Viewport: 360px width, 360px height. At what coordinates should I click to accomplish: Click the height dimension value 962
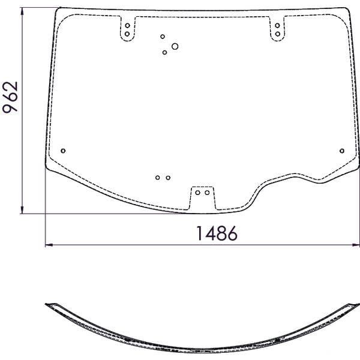pos(10,97)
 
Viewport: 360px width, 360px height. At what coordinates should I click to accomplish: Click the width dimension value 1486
pos(217,233)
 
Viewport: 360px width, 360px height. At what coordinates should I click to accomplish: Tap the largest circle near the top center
pos(175,46)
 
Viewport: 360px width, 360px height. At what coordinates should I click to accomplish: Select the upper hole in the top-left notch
pos(127,25)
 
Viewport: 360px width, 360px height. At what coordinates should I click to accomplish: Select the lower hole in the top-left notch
pos(127,34)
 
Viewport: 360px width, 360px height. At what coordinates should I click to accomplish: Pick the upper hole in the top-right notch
pos(277,25)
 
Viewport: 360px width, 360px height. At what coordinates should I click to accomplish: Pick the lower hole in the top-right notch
pos(278,34)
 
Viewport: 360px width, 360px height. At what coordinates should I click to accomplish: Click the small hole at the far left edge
pos(64,151)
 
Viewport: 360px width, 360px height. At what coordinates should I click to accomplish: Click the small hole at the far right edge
pos(342,151)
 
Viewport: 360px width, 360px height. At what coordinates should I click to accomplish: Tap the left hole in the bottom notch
pos(197,193)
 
